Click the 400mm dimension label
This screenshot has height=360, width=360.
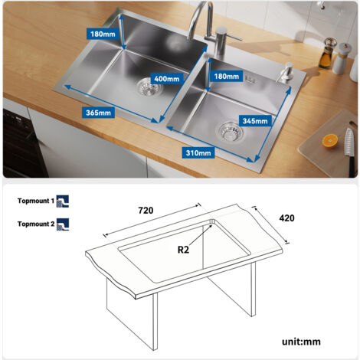(166, 79)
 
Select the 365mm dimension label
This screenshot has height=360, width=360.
(98, 113)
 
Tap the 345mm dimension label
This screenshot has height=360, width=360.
(255, 121)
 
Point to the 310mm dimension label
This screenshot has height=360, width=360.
(198, 152)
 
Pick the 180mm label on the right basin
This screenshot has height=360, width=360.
(228, 77)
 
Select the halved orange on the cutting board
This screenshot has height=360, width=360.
(330, 140)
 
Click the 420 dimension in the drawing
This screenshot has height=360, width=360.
(286, 218)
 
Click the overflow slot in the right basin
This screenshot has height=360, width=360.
(256, 84)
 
